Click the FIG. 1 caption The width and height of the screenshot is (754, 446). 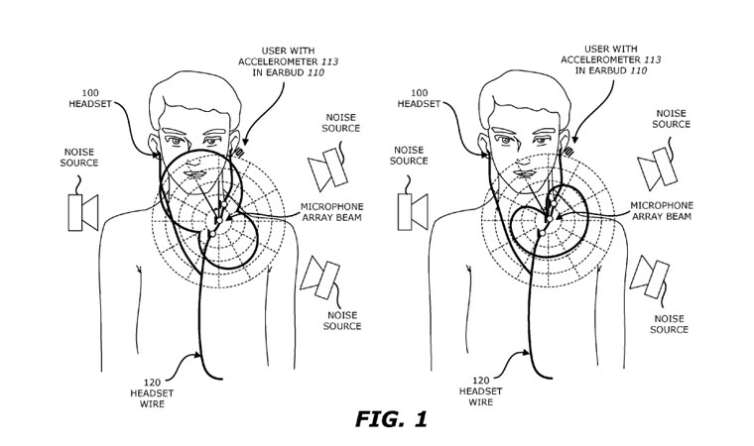[x=391, y=419]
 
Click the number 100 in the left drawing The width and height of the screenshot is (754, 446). [x=90, y=93]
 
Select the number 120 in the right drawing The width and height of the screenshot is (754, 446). [x=480, y=381]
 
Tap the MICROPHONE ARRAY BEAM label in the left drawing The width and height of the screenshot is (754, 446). [x=331, y=212]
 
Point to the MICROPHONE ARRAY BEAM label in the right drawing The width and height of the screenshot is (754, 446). [x=662, y=211]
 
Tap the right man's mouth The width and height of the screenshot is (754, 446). [x=525, y=173]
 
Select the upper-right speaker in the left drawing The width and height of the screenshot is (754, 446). [x=327, y=168]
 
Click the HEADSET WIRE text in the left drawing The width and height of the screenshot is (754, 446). [x=152, y=398]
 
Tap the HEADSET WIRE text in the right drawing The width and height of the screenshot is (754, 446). [x=480, y=396]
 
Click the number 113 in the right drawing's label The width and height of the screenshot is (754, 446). [x=652, y=59]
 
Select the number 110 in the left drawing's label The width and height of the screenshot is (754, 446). [x=315, y=73]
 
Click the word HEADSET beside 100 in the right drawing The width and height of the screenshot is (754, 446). [x=419, y=103]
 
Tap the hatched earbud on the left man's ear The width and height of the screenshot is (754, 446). [x=238, y=152]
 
